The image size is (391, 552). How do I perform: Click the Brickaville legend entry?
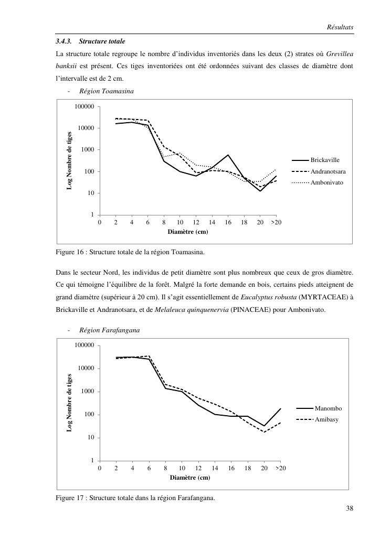(x=325, y=160)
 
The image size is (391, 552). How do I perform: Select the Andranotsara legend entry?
(x=328, y=171)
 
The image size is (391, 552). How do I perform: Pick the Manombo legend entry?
(x=328, y=408)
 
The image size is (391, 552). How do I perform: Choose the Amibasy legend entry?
(x=326, y=419)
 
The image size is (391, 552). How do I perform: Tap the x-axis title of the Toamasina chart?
(x=187, y=231)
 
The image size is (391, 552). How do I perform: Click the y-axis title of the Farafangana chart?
(x=69, y=403)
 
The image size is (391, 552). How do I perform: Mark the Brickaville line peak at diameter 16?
(x=228, y=155)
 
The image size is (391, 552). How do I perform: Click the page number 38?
(x=350, y=507)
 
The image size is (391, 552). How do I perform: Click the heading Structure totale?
(x=102, y=41)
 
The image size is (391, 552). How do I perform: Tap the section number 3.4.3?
(x=65, y=41)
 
